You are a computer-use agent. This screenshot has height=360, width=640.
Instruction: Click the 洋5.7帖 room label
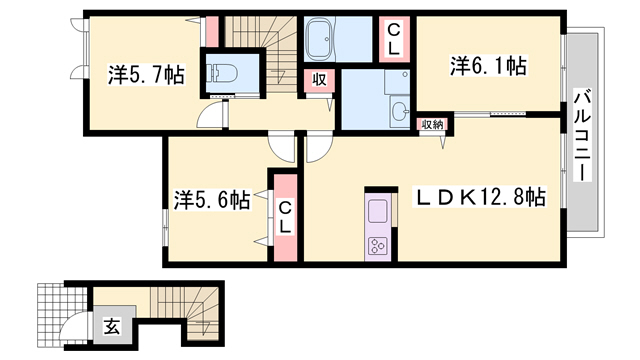tap(146, 74)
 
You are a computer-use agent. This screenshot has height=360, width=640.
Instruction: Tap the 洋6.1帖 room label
tap(488, 65)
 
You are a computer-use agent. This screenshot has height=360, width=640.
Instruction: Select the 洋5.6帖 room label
tap(212, 199)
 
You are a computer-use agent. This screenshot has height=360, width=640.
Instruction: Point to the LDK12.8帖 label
tap(479, 197)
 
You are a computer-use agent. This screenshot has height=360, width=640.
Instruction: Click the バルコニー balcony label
tap(582, 135)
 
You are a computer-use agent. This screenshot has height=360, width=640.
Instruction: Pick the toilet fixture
tap(223, 73)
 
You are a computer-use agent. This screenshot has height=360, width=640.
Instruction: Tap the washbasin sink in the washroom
tap(400, 111)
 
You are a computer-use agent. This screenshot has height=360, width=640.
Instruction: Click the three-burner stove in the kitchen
tap(378, 246)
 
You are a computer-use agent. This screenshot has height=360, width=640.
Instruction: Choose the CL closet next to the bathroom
tap(394, 39)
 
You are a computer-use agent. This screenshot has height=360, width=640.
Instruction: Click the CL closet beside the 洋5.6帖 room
tap(285, 218)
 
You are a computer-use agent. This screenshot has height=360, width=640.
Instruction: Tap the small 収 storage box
tap(319, 80)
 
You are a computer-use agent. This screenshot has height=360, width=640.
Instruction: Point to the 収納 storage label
tap(432, 124)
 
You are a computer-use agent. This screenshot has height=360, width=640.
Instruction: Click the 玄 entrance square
tap(111, 326)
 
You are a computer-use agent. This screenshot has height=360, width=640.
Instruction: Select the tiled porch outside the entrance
tap(61, 314)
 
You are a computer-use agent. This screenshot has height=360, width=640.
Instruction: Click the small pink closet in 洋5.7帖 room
tap(211, 32)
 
